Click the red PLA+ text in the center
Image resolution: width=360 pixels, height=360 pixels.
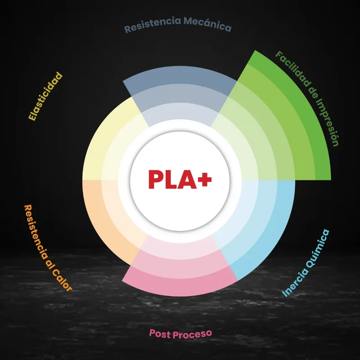tap(180, 179)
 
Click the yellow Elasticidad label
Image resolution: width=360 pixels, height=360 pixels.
tap(45, 97)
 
